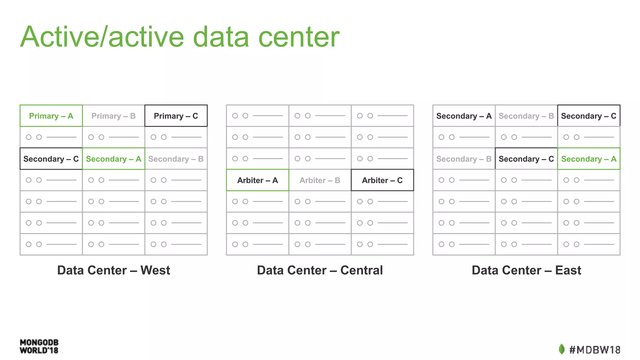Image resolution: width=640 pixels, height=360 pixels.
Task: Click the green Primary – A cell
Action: click(51, 116)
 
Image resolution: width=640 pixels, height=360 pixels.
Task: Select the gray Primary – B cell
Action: click(113, 116)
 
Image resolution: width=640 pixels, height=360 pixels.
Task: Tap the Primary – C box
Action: click(176, 116)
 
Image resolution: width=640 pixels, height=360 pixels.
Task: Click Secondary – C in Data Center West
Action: click(51, 159)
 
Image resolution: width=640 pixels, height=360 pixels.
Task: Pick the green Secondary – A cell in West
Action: click(113, 159)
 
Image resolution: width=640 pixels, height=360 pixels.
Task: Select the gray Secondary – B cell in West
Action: click(176, 159)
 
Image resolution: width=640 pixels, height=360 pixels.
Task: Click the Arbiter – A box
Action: click(257, 180)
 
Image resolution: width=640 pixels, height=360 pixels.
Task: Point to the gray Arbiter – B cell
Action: click(320, 180)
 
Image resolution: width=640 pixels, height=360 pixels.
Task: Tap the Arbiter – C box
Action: click(382, 180)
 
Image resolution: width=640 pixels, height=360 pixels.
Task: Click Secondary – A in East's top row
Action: click(464, 116)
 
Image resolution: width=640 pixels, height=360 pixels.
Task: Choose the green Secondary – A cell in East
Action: click(589, 159)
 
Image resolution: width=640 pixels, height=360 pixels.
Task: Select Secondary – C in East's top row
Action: click(589, 116)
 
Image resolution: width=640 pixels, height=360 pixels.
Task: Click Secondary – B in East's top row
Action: click(526, 116)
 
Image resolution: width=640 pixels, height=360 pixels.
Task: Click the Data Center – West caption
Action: click(113, 270)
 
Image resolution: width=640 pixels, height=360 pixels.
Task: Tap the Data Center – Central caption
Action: click(320, 270)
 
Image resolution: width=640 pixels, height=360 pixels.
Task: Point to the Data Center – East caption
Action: click(526, 270)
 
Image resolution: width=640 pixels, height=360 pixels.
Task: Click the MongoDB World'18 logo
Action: click(39, 346)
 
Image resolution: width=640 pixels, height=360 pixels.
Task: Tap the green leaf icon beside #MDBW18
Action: click(562, 349)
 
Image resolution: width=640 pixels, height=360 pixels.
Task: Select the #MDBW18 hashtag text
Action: click(595, 350)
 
